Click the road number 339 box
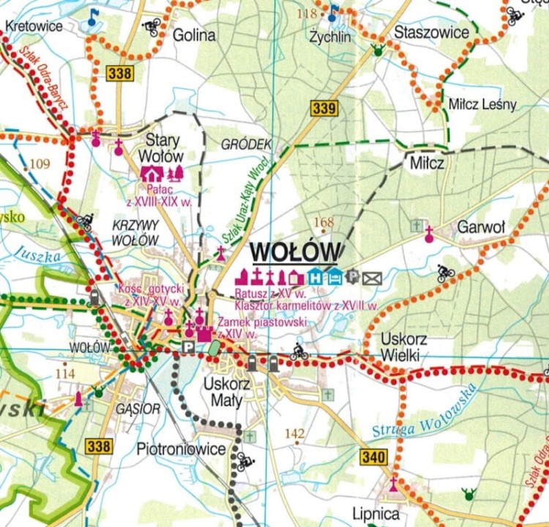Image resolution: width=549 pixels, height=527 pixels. [324, 108]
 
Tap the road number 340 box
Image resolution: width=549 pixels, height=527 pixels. [373, 457]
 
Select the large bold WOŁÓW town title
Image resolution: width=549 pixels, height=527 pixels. [295, 251]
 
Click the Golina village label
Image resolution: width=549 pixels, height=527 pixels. [194, 34]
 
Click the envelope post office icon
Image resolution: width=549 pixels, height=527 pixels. [373, 277]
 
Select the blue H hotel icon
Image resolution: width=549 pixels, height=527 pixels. [315, 276]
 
